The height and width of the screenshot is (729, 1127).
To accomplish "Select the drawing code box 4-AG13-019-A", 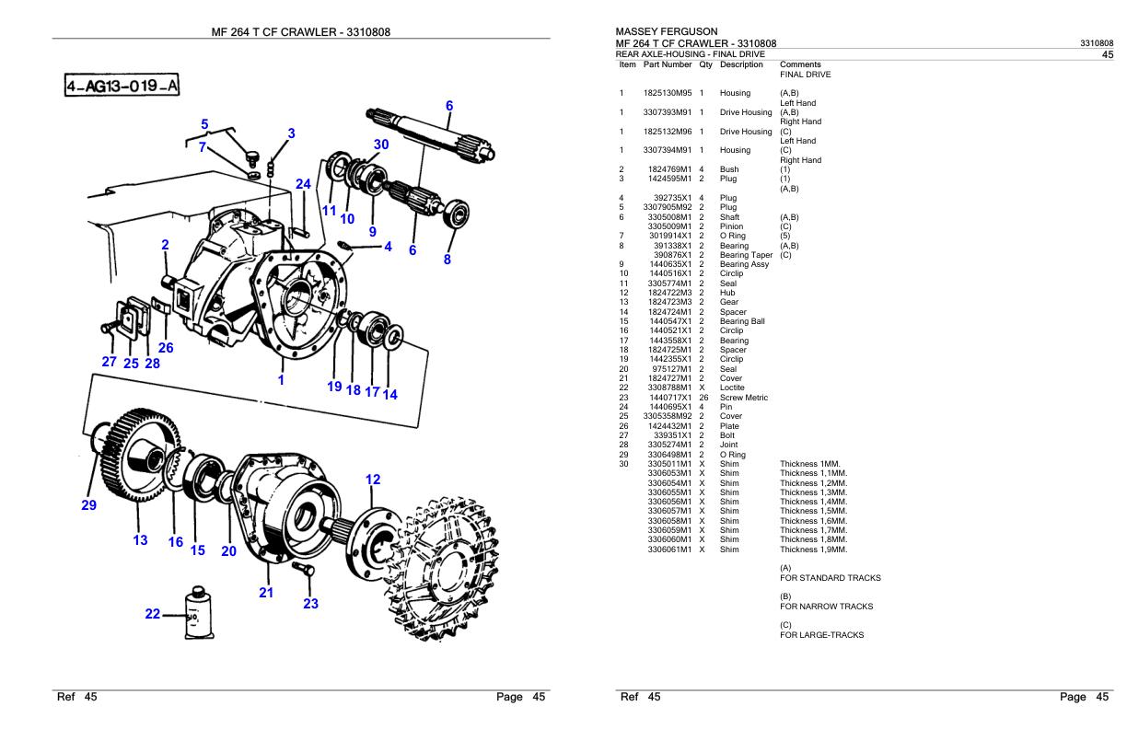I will click(122, 87).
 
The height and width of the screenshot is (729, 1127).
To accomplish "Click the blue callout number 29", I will click(88, 504).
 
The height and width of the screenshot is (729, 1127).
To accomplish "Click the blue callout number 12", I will click(373, 480).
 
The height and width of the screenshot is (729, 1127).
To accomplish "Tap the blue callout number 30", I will click(382, 145).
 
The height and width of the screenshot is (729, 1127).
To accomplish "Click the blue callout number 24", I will click(303, 184).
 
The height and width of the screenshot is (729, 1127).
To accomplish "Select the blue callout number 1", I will click(281, 377).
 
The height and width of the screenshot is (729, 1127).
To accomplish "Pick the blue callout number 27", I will click(109, 362).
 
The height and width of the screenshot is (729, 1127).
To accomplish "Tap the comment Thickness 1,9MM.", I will click(813, 550).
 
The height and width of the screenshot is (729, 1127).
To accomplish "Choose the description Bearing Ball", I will click(742, 321).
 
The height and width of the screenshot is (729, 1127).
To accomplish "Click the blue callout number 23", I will click(310, 605).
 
